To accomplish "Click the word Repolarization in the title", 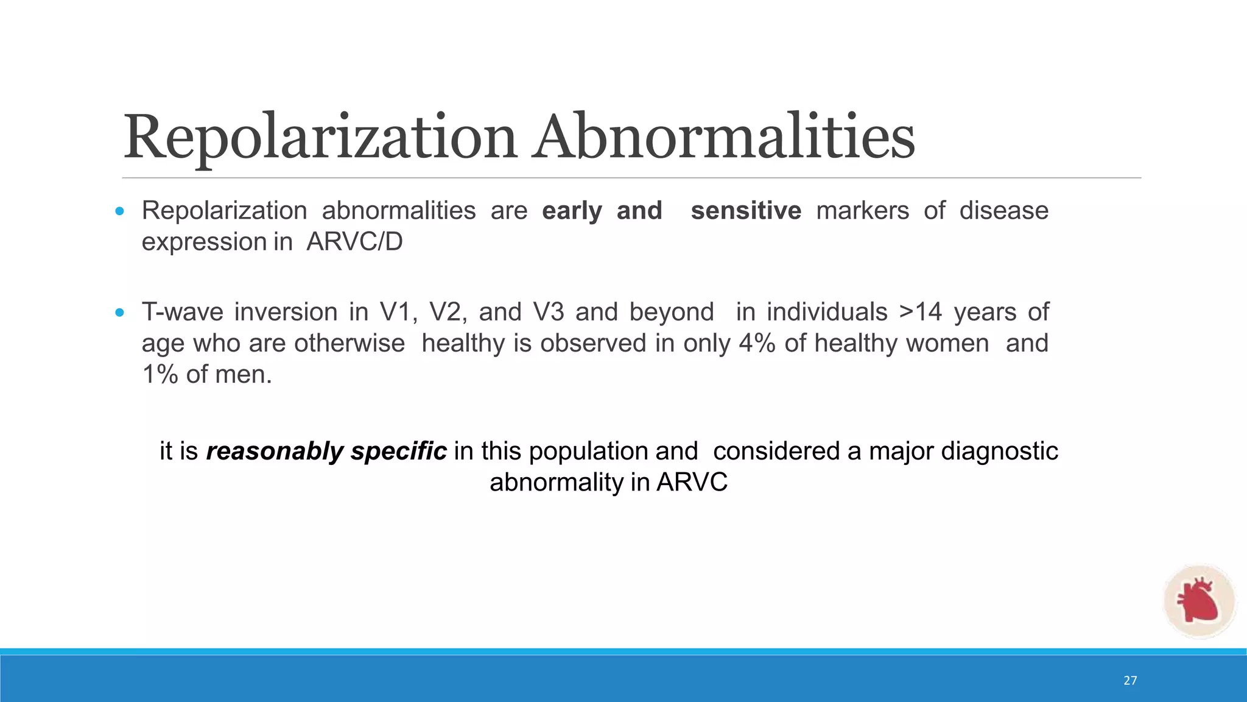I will point(320,138).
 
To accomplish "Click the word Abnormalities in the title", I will point(725,138).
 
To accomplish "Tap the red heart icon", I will point(1198,601).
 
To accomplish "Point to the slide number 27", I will point(1130,681).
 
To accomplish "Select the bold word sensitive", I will point(746,211).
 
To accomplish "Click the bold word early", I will point(572,211).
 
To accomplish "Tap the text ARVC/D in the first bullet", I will point(354,242).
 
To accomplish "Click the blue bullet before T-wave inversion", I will point(119,313).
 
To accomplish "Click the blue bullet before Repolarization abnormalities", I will point(119,211).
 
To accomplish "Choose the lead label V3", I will point(548,312).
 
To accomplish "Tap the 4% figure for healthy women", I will point(757,343).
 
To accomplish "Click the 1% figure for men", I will point(160,374).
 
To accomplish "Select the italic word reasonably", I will point(275,452).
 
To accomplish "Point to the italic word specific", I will point(399,452).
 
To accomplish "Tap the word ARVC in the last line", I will point(692,483).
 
